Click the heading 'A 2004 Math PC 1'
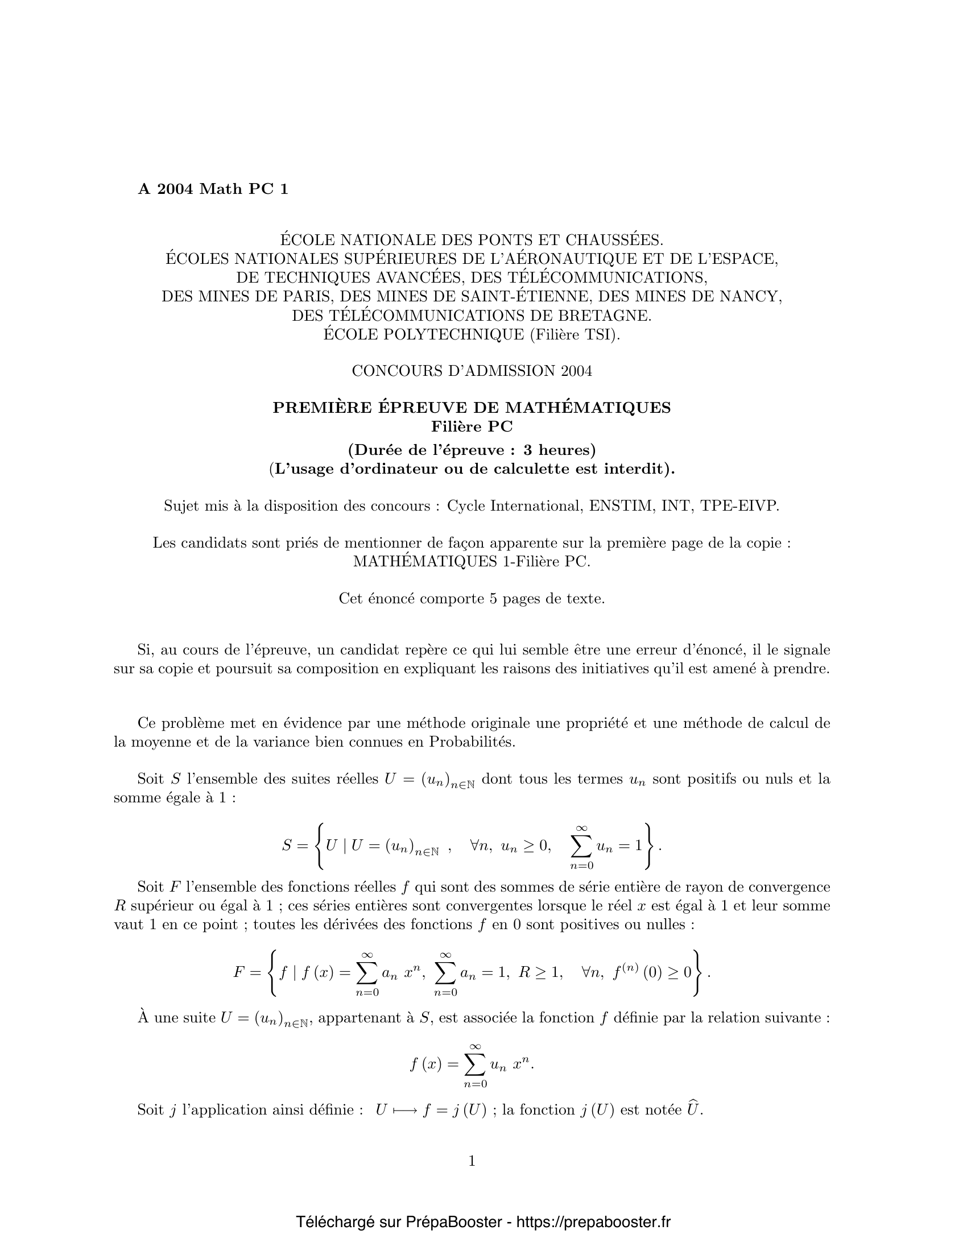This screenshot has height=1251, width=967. click(x=213, y=189)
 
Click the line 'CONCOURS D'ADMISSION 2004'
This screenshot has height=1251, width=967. click(x=472, y=371)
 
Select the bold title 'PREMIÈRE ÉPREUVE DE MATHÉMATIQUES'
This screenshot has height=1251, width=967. click(x=472, y=407)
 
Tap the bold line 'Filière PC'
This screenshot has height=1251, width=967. click(x=472, y=426)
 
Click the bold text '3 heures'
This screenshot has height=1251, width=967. click(x=559, y=449)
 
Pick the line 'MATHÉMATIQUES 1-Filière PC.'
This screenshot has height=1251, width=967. click(x=472, y=561)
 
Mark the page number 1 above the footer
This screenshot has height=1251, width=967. click(x=472, y=1161)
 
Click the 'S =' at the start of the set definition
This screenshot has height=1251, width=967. click(x=295, y=846)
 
